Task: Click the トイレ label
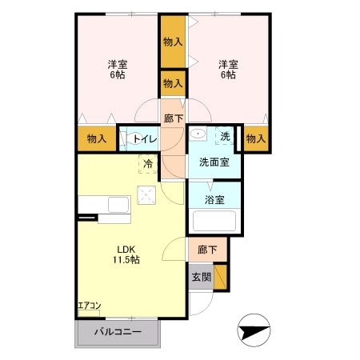click(145, 139)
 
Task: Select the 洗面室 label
click(214, 162)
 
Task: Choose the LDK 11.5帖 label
click(127, 254)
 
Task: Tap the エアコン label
click(90, 306)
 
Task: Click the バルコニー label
click(118, 332)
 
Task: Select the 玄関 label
click(201, 278)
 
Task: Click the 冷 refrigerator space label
click(148, 164)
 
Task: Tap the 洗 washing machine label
click(226, 137)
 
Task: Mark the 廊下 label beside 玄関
click(206, 250)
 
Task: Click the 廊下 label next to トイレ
click(173, 118)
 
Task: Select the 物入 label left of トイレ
click(97, 139)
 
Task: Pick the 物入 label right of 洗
click(255, 139)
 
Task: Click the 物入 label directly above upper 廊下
click(173, 82)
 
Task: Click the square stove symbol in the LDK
click(146, 194)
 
